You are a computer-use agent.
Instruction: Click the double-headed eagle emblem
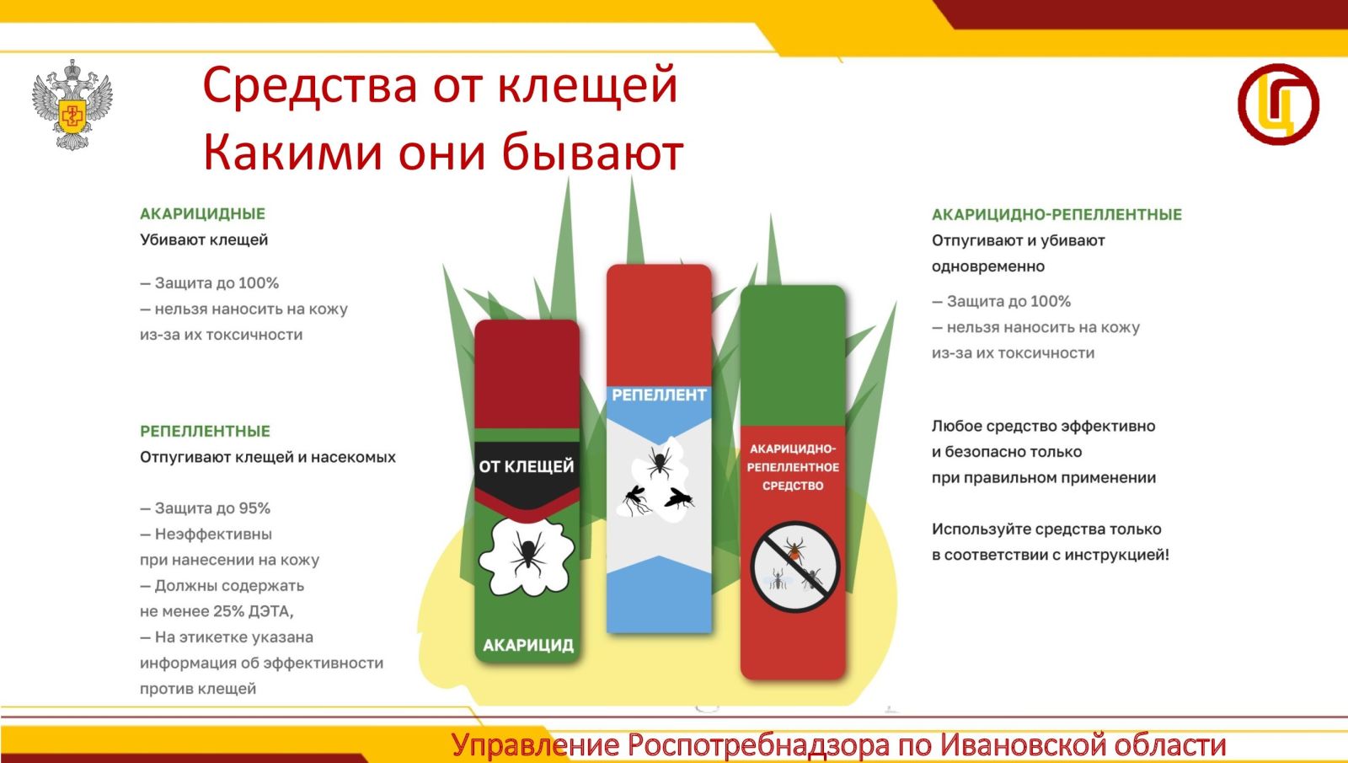pos(72,105)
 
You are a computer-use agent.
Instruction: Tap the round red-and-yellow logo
pos(1278,105)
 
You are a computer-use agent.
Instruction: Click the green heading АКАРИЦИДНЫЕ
pos(202,214)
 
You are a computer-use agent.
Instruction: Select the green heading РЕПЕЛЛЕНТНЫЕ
pos(206,431)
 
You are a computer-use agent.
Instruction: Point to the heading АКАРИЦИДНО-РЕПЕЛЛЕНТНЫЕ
pos(1056,214)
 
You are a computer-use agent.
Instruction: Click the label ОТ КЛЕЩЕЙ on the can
pos(527,467)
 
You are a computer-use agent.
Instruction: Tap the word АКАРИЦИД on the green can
pos(527,646)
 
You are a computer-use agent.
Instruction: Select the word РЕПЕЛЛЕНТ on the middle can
pos(659,395)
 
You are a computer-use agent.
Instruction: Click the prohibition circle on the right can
pos(794,567)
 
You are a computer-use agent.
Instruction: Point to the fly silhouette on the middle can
pos(679,498)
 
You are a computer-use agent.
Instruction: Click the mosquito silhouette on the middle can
pos(636,501)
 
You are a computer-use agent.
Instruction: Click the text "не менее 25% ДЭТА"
pos(216,611)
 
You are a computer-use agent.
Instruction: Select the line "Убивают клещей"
pos(204,239)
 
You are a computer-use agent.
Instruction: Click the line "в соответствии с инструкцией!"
pos(1050,555)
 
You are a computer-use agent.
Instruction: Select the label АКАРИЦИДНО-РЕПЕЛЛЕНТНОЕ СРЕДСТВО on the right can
pos(793,467)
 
